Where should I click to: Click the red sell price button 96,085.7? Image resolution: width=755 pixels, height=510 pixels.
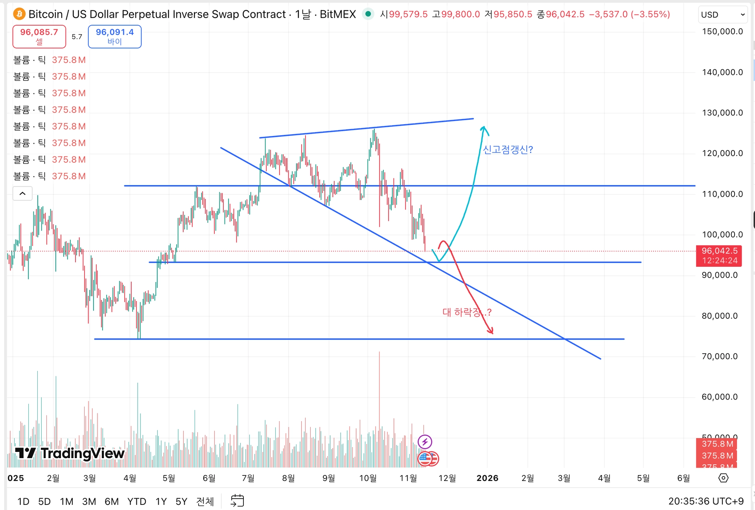tap(39, 36)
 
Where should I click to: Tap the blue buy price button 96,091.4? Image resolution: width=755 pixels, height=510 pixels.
tap(114, 36)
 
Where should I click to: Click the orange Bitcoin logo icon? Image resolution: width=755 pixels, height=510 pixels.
tap(18, 14)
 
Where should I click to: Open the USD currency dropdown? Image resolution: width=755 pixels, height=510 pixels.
tap(722, 15)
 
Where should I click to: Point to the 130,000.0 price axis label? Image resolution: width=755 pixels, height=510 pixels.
tap(722, 113)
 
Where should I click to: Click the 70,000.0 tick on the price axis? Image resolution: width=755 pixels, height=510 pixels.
tap(720, 356)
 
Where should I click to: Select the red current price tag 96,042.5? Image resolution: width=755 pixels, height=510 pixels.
tap(719, 255)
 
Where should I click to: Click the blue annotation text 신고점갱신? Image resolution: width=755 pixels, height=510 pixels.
tap(508, 150)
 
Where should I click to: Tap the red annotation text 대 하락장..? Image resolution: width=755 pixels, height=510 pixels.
tap(467, 312)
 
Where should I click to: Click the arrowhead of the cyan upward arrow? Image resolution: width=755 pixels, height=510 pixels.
tap(484, 128)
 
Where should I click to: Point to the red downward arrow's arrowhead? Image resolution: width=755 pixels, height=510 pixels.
tap(491, 332)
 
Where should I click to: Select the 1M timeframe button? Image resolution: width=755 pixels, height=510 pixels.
tap(66, 501)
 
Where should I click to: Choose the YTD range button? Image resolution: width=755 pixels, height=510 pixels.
tap(136, 501)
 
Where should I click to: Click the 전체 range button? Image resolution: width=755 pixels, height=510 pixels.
tap(205, 501)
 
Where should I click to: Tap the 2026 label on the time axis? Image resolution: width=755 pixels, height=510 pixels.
tap(487, 478)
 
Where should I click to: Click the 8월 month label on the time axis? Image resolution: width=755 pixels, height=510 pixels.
tap(288, 478)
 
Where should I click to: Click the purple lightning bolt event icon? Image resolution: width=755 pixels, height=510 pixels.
tap(425, 442)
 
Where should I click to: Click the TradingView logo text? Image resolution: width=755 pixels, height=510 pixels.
tap(82, 453)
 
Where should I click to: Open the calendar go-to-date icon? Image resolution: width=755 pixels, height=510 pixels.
tap(237, 501)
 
